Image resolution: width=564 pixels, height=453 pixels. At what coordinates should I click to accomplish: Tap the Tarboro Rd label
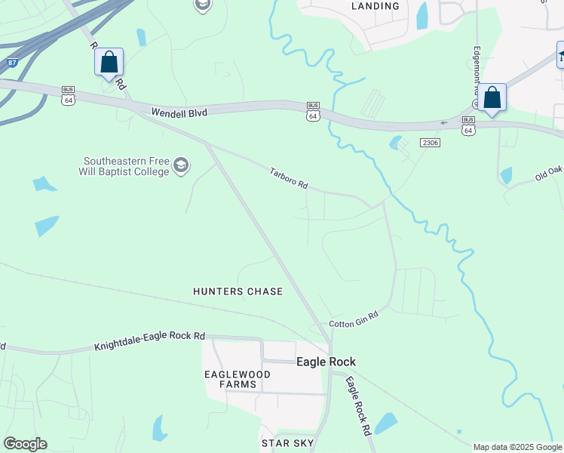[290, 179]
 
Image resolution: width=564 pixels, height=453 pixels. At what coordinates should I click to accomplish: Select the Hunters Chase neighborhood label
[238, 291]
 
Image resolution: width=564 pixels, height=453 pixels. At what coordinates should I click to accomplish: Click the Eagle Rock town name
[326, 362]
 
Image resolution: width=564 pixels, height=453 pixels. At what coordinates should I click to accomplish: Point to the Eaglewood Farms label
[231, 379]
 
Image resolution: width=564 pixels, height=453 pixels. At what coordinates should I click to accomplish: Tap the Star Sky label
[281, 442]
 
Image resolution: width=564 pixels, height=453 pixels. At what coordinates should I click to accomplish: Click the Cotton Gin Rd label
[353, 316]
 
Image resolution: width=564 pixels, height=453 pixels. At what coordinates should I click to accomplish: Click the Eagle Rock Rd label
[359, 406]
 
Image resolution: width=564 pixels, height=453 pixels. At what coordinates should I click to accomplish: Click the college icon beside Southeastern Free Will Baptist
[181, 165]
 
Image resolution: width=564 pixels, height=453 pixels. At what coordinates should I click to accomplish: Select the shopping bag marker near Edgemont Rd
[492, 98]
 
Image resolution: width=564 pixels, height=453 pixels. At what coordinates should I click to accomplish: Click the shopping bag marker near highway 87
[109, 62]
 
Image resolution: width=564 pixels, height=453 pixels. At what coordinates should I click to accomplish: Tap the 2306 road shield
[430, 142]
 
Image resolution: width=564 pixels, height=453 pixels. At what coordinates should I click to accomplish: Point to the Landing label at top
[375, 6]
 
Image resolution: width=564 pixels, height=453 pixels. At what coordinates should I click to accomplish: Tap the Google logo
[25, 444]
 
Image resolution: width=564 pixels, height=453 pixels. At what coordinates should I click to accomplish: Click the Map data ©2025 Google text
[517, 447]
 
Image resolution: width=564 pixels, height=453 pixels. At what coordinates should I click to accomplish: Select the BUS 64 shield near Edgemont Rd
[468, 126]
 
